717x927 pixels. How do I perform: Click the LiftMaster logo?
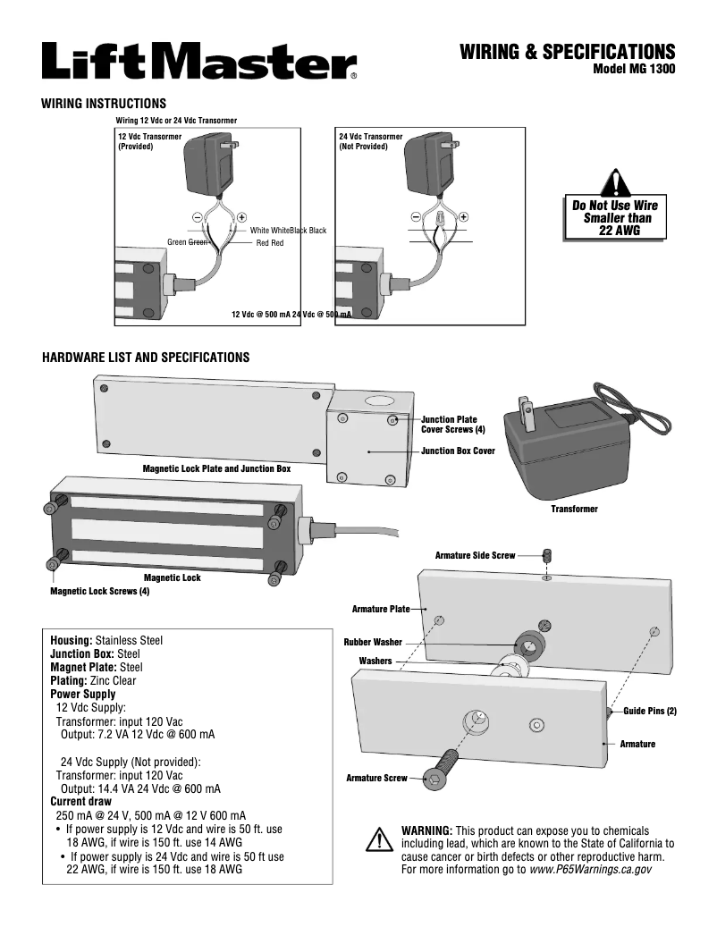198,62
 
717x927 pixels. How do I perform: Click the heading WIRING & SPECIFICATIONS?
567,52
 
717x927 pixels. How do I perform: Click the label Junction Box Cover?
458,451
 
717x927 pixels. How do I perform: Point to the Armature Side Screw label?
475,555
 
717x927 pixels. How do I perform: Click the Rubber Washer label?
373,642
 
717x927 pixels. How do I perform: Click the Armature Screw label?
376,779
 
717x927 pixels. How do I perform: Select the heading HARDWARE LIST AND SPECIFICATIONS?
146,358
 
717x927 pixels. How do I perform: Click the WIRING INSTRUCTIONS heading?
104,104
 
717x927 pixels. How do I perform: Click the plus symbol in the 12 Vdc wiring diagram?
241,217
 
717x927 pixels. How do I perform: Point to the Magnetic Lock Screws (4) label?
100,592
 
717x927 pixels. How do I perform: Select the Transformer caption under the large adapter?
574,509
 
